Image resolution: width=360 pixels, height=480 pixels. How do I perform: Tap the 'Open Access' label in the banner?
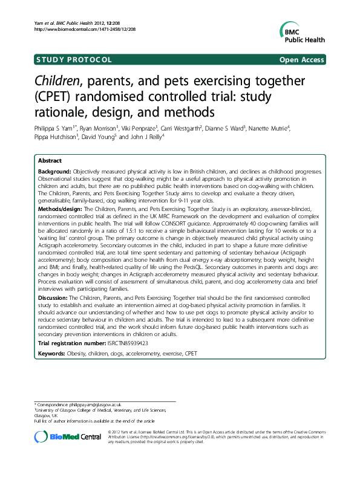point(302,59)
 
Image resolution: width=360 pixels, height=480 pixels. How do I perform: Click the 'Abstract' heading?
point(49,161)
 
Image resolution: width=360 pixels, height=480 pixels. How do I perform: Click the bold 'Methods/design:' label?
point(59,207)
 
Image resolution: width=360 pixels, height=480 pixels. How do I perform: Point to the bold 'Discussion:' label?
point(54,299)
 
